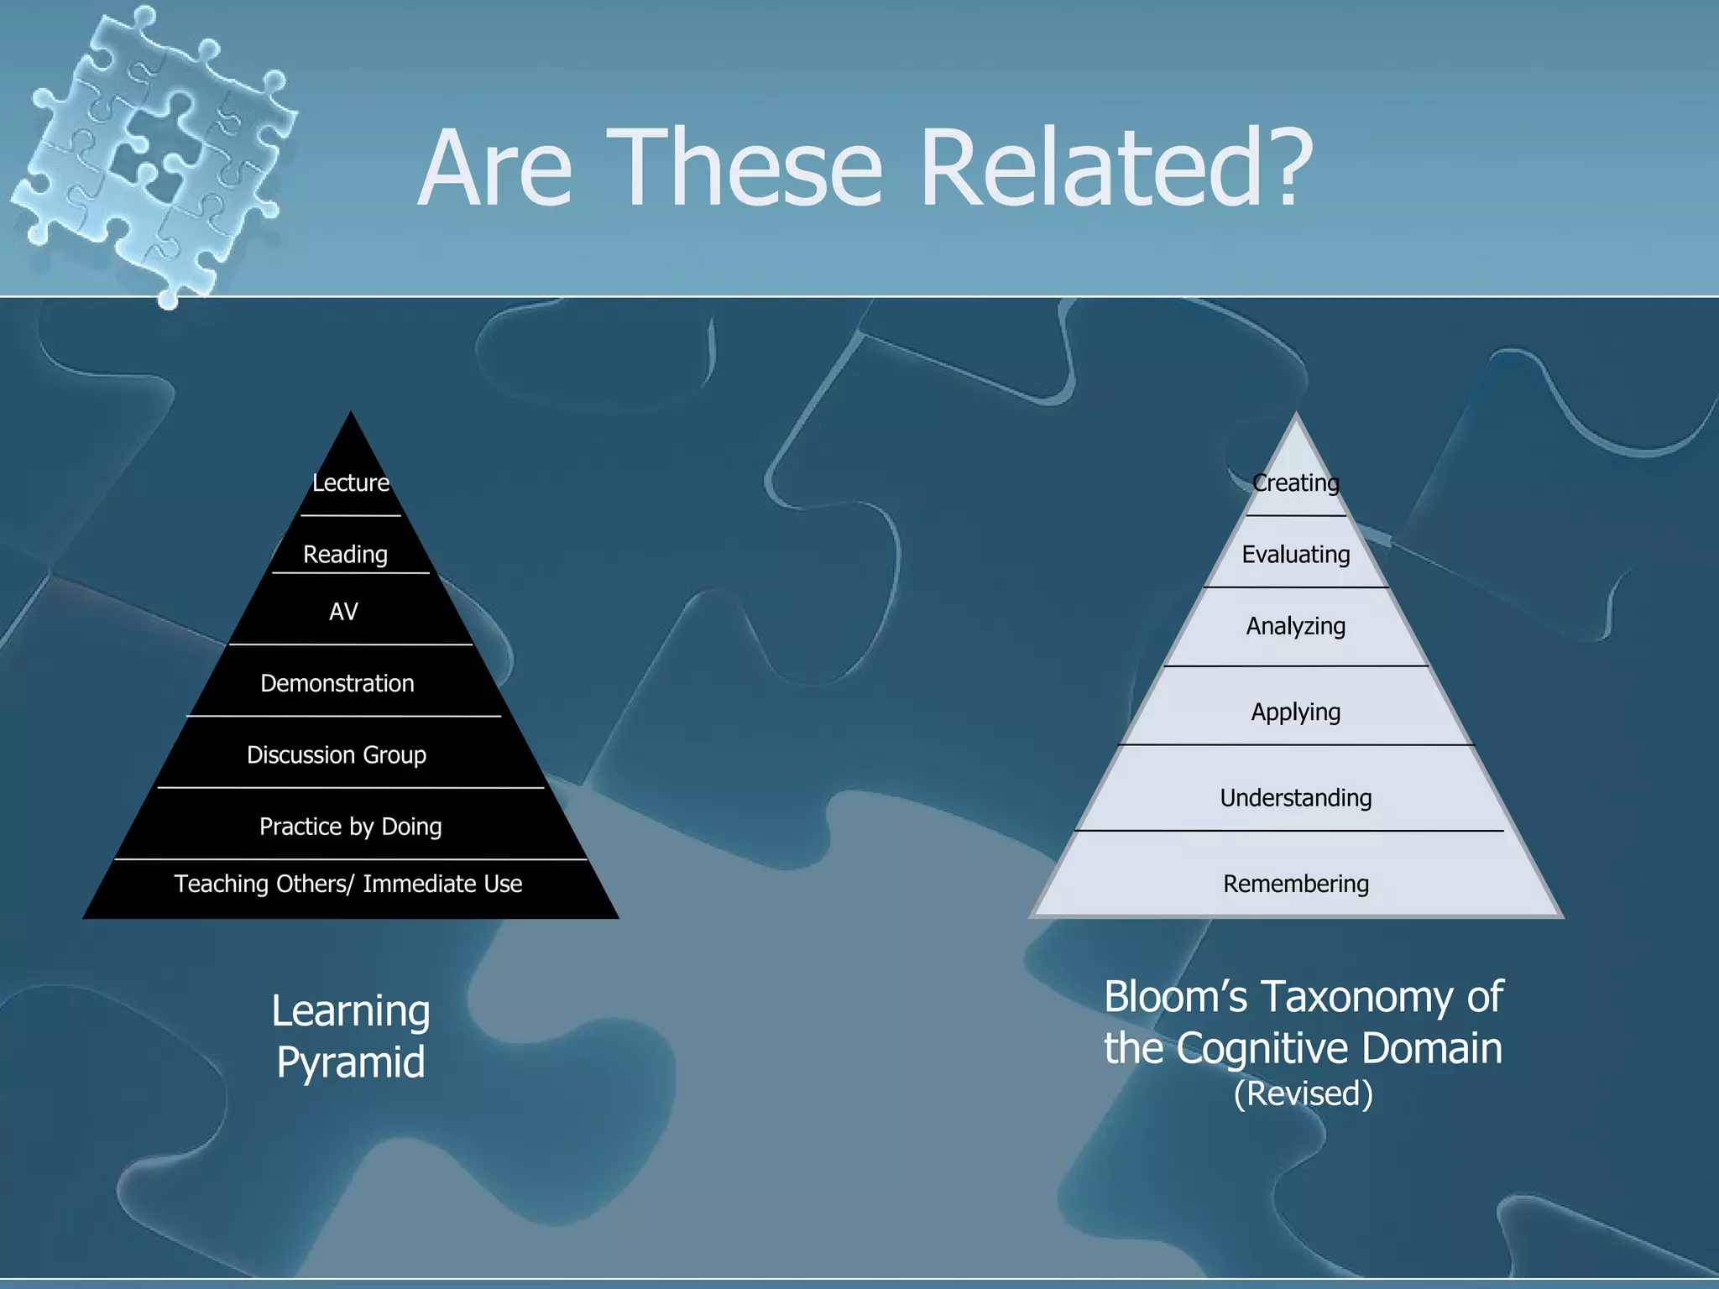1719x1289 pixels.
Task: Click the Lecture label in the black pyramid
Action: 351,483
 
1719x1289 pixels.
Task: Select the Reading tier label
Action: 345,555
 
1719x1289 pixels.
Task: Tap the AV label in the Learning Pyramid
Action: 343,612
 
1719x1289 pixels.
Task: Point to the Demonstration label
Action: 337,683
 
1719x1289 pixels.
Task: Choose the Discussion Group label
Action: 337,755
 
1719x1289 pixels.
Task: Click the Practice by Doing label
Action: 350,827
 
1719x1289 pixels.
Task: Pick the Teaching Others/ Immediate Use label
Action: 348,884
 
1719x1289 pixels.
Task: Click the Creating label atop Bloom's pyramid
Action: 1295,483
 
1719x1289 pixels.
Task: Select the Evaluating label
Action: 1296,555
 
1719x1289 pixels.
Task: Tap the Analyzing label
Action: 1296,626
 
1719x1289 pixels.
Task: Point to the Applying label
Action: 1296,712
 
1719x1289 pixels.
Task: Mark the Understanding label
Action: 1296,798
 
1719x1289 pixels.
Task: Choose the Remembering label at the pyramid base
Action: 1296,884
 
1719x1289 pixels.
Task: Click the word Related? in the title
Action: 1116,168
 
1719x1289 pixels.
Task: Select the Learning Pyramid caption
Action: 351,1036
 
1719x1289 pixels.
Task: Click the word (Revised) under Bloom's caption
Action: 1303,1093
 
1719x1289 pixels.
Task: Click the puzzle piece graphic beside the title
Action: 151,151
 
